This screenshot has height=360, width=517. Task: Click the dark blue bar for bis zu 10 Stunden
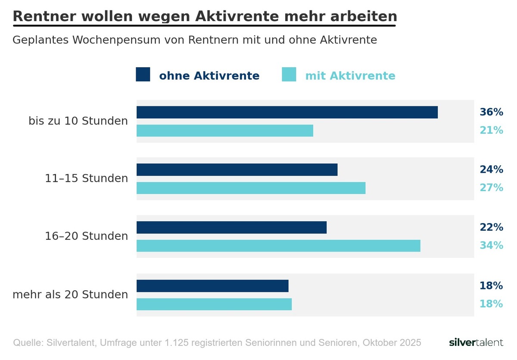point(287,112)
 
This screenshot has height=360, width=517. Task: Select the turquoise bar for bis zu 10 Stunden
point(224,130)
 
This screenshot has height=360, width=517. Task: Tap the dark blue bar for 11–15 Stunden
point(237,170)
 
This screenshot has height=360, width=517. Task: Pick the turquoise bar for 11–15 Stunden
point(251,188)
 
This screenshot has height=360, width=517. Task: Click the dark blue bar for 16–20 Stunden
point(231,227)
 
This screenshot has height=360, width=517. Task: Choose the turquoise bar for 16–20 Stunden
point(278,245)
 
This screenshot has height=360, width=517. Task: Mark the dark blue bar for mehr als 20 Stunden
point(212,286)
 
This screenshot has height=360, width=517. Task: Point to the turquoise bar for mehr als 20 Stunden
point(214,304)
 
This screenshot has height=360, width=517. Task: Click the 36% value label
point(491,112)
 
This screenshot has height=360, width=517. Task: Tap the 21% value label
point(491,130)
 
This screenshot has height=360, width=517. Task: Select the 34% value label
point(491,245)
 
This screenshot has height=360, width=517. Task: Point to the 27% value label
point(491,188)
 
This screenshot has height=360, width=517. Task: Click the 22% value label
point(491,227)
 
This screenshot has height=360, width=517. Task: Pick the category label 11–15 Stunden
point(87,178)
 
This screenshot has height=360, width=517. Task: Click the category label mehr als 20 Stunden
point(70,295)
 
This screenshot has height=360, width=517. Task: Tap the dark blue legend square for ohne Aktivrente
point(143,74)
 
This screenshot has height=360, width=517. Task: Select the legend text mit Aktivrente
point(350,76)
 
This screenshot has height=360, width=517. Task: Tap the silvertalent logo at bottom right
point(476,343)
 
